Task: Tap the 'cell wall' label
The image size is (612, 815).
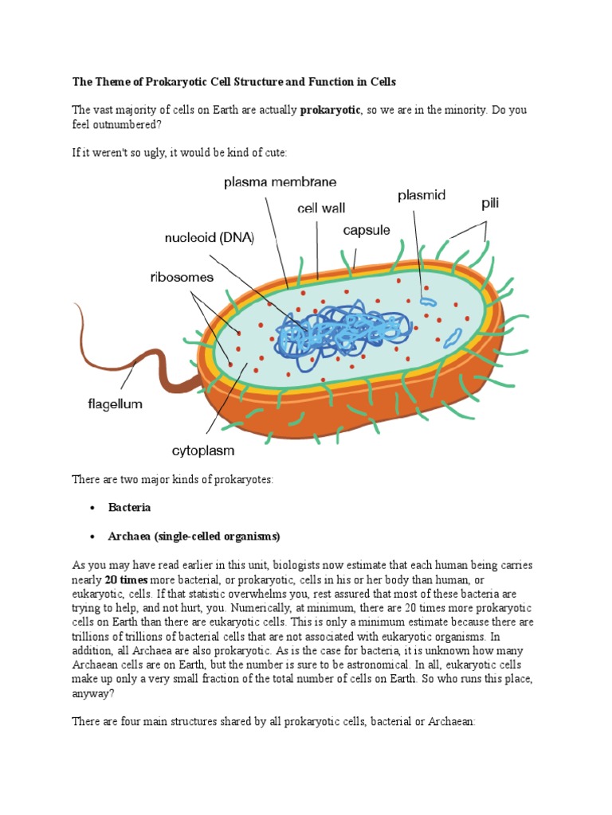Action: click(x=321, y=209)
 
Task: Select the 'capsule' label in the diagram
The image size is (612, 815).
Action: click(x=367, y=230)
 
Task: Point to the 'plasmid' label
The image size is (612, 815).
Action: click(x=422, y=195)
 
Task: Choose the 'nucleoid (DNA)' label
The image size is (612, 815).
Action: click(x=209, y=237)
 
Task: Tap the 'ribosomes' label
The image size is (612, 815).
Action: click(x=182, y=277)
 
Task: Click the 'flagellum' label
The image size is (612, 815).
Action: click(x=115, y=404)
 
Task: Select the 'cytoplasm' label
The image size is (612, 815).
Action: click(x=203, y=450)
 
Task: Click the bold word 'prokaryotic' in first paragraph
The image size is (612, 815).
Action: click(x=330, y=110)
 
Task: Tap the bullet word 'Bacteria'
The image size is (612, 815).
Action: click(x=129, y=507)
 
